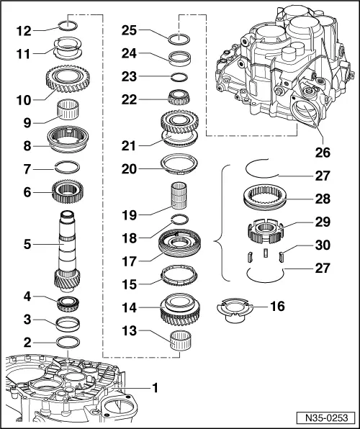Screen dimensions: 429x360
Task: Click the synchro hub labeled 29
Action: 265,232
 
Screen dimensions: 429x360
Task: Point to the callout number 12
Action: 24,31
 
